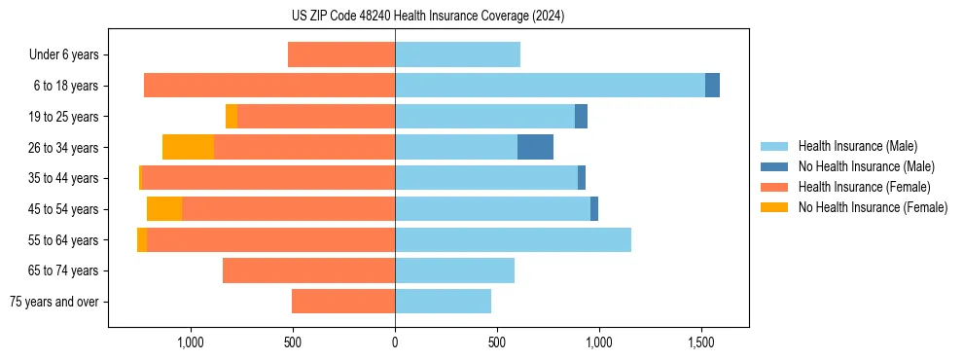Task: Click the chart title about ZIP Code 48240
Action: pos(427,17)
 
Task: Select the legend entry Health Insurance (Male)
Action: pos(857,146)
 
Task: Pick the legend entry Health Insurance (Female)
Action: pos(864,187)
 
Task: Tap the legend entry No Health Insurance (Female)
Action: pos(873,207)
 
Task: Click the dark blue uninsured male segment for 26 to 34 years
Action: pos(535,147)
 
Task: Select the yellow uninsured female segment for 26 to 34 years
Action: pos(188,147)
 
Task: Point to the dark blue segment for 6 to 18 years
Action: pos(712,86)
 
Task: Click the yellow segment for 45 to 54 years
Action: pos(164,209)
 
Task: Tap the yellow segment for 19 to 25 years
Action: pos(232,117)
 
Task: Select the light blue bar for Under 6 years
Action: pos(457,54)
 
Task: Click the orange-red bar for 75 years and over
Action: pos(343,302)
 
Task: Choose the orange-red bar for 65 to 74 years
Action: pos(308,270)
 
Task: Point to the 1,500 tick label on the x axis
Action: pos(701,342)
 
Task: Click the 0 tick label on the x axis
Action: pos(395,342)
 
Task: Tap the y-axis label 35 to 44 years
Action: pos(63,178)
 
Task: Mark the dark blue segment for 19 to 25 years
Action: pos(581,117)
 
